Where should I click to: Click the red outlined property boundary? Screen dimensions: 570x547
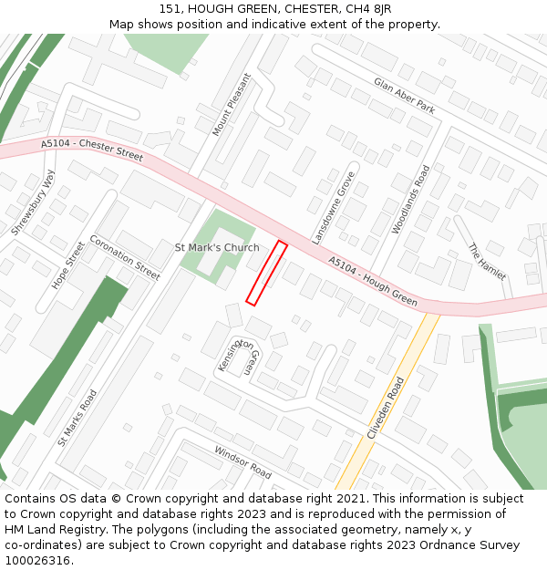pyautogui.click(x=267, y=273)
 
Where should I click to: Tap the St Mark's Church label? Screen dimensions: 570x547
pyautogui.click(x=217, y=247)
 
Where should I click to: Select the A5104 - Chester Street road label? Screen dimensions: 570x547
pyautogui.click(x=92, y=150)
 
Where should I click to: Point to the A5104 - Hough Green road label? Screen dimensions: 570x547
pyautogui.click(x=373, y=281)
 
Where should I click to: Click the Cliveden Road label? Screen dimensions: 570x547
pyautogui.click(x=385, y=409)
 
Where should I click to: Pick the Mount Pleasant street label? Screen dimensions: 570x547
pyautogui.click(x=231, y=106)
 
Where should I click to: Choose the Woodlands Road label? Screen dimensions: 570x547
pyautogui.click(x=410, y=200)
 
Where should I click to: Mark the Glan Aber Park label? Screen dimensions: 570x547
pyautogui.click(x=404, y=95)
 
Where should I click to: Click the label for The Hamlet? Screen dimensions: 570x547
pyautogui.click(x=486, y=262)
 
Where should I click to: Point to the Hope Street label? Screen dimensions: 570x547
pyautogui.click(x=68, y=265)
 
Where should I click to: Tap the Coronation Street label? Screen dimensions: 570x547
pyautogui.click(x=124, y=257)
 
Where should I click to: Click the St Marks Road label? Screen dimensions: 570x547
pyautogui.click(x=77, y=418)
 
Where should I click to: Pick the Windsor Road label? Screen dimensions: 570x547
pyautogui.click(x=243, y=462)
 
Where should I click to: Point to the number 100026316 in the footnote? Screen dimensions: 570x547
pyautogui.click(x=37, y=561)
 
